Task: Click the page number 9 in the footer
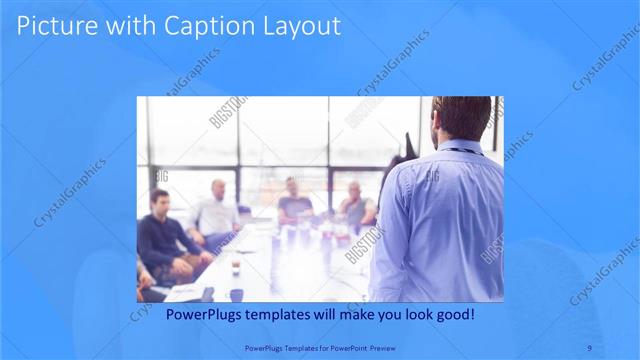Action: click(589, 347)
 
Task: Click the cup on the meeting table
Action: click(236, 267)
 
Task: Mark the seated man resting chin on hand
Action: click(354, 205)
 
